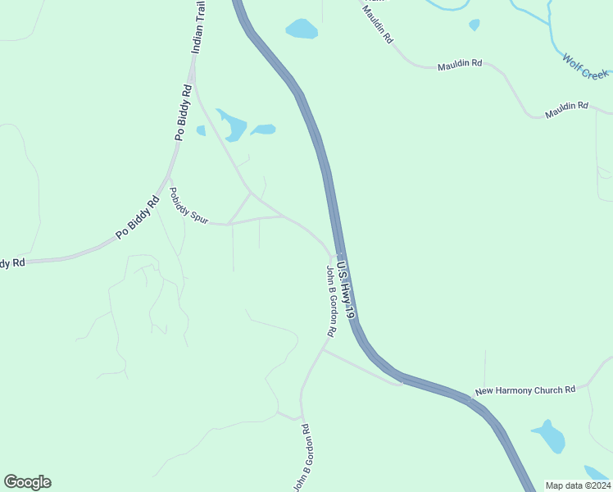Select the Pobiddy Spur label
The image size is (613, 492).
(188, 205)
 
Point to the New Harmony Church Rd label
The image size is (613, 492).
(525, 390)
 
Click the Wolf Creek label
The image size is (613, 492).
(585, 66)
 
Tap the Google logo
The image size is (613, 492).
(27, 482)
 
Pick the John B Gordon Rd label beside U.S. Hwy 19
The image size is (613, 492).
(331, 301)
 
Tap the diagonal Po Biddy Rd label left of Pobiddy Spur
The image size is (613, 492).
(137, 218)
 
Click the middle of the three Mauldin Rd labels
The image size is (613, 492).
(459, 64)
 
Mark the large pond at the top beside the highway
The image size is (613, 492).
(302, 30)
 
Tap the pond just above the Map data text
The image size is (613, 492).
(596, 472)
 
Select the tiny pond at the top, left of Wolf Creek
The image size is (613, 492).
(475, 25)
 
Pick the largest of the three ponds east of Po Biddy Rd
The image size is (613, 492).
(232, 125)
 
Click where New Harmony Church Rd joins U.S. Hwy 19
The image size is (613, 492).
(400, 381)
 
